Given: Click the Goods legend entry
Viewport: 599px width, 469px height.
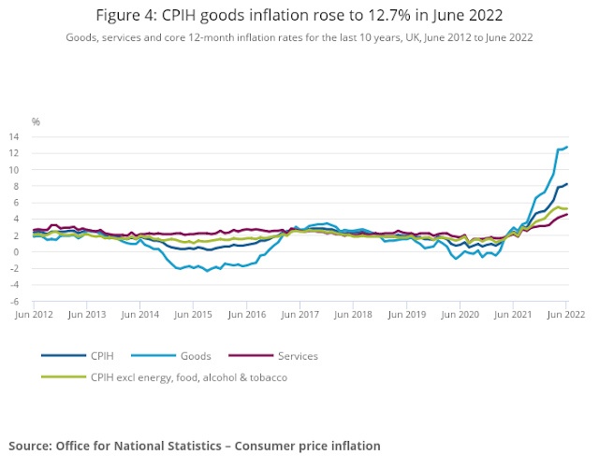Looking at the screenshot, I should click(196, 356).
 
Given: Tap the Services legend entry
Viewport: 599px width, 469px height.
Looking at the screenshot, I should click(299, 356).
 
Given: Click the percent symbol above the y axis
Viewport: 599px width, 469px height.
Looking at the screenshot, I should click(36, 121).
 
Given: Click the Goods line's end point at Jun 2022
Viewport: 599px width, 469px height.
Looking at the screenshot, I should click(567, 147).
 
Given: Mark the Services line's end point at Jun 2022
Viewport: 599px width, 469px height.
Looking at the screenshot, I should click(567, 214).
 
